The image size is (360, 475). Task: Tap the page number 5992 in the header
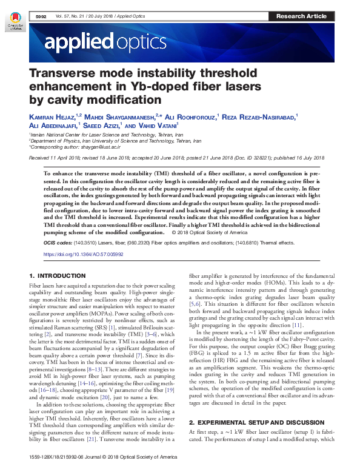pyautogui.click(x=41, y=16)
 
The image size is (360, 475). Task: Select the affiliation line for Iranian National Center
pyautogui.click(x=106, y=134)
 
